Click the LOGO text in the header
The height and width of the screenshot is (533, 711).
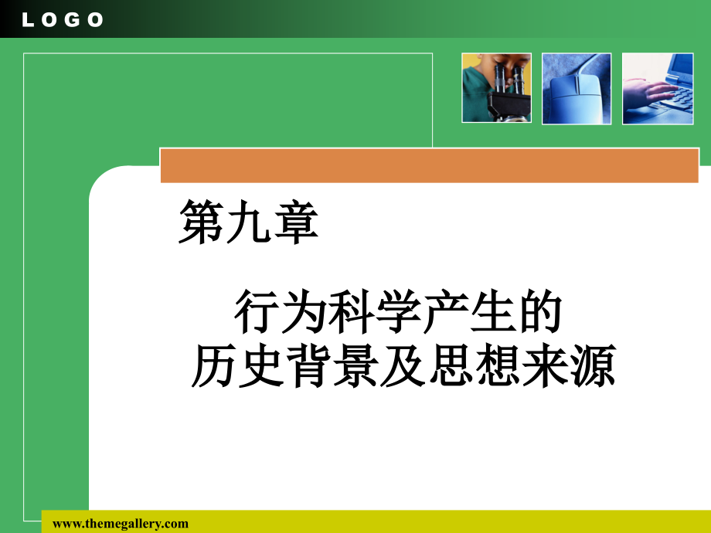tap(63, 20)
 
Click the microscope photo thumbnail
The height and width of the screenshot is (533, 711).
tap(496, 88)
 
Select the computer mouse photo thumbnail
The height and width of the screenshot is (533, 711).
tap(577, 88)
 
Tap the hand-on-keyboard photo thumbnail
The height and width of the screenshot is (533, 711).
tap(658, 88)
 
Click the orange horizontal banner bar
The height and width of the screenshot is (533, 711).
tap(429, 166)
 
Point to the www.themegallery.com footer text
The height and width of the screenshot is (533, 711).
tap(121, 524)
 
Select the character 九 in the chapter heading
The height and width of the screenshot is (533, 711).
tap(248, 224)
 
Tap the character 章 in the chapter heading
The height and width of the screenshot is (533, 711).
tap(295, 224)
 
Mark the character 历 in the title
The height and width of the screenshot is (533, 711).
tap(213, 365)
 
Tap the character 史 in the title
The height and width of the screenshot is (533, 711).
tap(260, 365)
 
